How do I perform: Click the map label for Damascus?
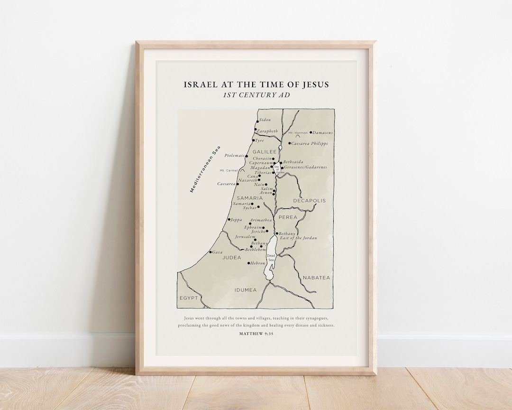coord(323,133)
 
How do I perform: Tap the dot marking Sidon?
coord(257,121)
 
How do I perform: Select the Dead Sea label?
coord(271,258)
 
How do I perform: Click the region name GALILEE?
coord(265,152)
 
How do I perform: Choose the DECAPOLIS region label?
coord(309,201)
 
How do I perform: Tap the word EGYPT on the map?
coord(188,298)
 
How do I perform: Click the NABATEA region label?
coord(316,278)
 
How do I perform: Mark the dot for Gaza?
coord(210,252)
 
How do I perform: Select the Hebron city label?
coord(258,263)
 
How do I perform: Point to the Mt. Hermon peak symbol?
coord(298,137)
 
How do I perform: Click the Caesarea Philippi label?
coord(310,143)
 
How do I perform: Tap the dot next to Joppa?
coord(229,219)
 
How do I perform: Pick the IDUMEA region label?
coord(245,290)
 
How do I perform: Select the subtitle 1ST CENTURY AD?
coord(256,95)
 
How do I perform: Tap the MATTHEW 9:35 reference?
coord(256,334)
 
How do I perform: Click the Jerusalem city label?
coord(245,236)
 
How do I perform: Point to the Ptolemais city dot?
coord(247,156)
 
